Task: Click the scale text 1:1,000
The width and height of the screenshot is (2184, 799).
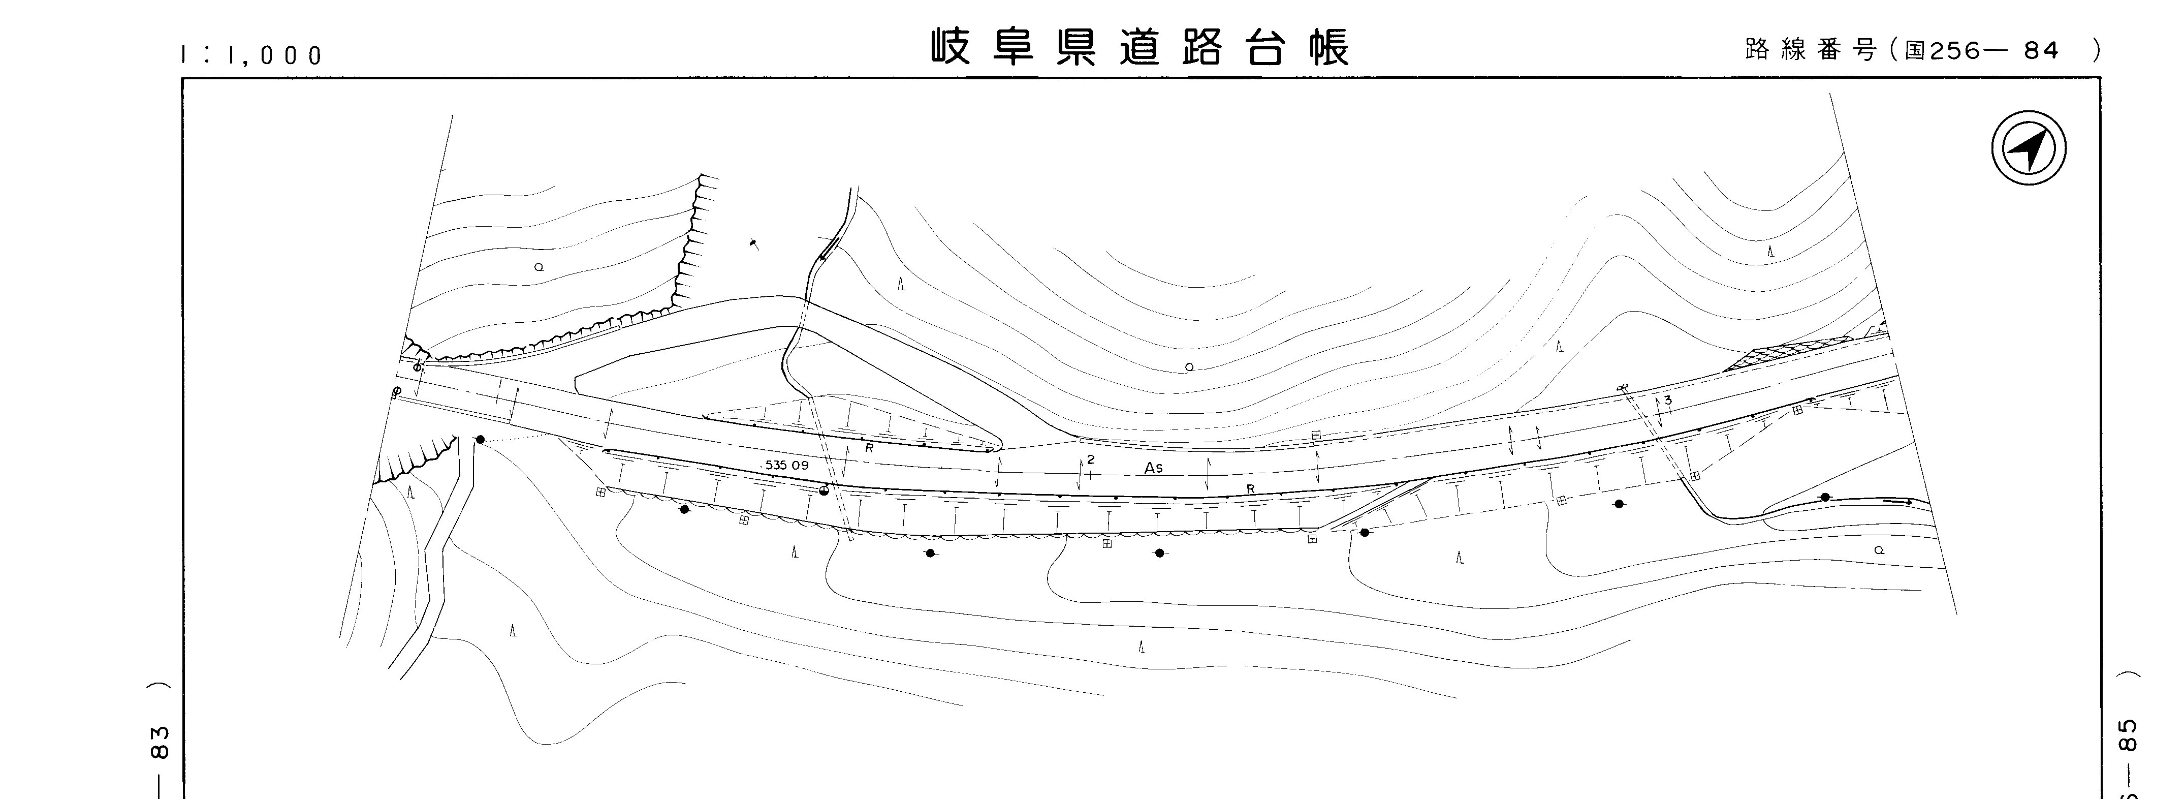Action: click(252, 56)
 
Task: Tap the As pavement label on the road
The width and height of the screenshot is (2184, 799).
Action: click(1153, 468)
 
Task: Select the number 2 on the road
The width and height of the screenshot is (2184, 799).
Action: click(1091, 459)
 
